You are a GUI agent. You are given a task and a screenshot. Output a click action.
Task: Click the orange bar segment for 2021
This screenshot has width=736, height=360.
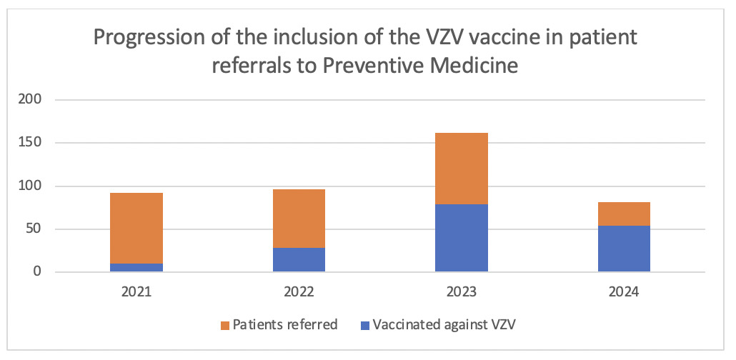[136, 228]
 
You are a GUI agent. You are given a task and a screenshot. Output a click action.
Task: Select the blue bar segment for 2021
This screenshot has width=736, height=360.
[136, 268]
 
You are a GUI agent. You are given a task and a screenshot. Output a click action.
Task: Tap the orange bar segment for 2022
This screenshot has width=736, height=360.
[299, 219]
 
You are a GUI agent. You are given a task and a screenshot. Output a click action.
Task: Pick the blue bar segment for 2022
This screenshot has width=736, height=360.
[299, 260]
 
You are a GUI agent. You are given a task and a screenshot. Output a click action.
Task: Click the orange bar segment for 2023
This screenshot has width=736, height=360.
[462, 169]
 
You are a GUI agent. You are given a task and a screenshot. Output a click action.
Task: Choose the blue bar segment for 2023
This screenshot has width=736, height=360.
[462, 238]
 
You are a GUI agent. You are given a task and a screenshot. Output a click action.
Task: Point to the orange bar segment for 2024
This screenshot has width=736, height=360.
[624, 214]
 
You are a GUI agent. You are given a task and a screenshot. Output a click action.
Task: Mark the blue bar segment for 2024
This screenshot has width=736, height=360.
[624, 249]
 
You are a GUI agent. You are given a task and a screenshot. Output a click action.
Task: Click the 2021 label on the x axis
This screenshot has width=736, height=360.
[136, 291]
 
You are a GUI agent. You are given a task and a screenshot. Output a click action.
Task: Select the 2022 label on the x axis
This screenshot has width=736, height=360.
[299, 291]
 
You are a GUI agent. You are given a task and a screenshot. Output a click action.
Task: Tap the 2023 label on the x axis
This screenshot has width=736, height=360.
[462, 291]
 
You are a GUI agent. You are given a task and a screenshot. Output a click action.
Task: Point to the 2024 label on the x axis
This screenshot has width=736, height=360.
[624, 291]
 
